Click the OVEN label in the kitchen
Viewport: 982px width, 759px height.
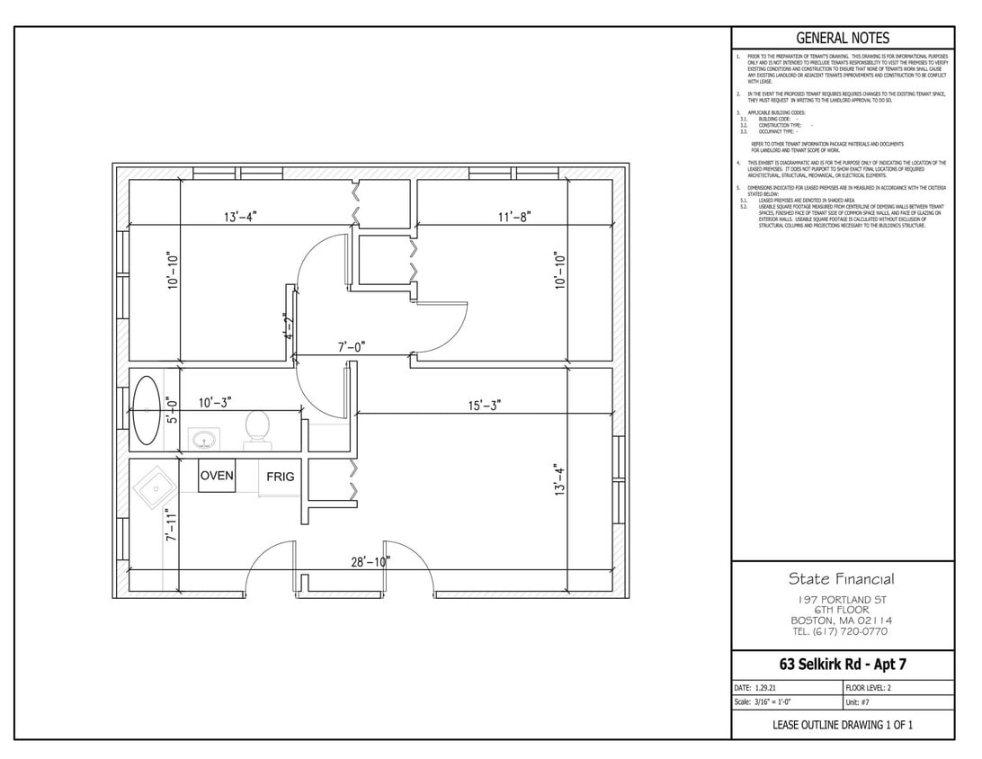[x=217, y=476]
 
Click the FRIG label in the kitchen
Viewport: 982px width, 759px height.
[x=280, y=477]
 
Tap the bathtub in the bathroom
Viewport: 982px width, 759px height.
[x=147, y=411]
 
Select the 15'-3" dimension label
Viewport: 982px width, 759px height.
[x=484, y=405]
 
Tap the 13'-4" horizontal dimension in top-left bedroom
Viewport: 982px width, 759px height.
[x=243, y=217]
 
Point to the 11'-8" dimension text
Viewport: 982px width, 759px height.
[x=514, y=217]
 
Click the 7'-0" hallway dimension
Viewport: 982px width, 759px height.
[x=351, y=346]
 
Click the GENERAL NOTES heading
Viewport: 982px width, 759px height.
[x=843, y=38]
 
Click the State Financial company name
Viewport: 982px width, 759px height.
[x=842, y=579]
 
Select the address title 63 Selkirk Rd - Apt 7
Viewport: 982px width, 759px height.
[x=843, y=665]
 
